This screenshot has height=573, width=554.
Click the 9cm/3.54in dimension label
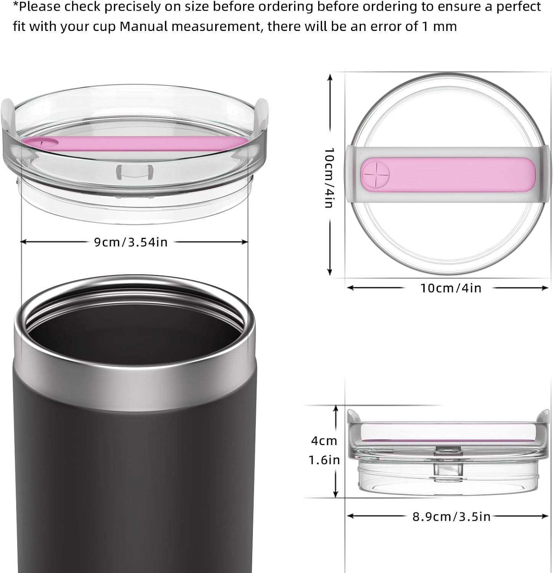click(131, 242)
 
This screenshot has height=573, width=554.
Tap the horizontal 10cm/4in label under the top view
click(451, 288)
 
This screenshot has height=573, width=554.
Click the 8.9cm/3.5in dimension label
click(451, 516)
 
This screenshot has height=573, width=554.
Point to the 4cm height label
click(324, 441)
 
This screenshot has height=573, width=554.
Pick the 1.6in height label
click(324, 460)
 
